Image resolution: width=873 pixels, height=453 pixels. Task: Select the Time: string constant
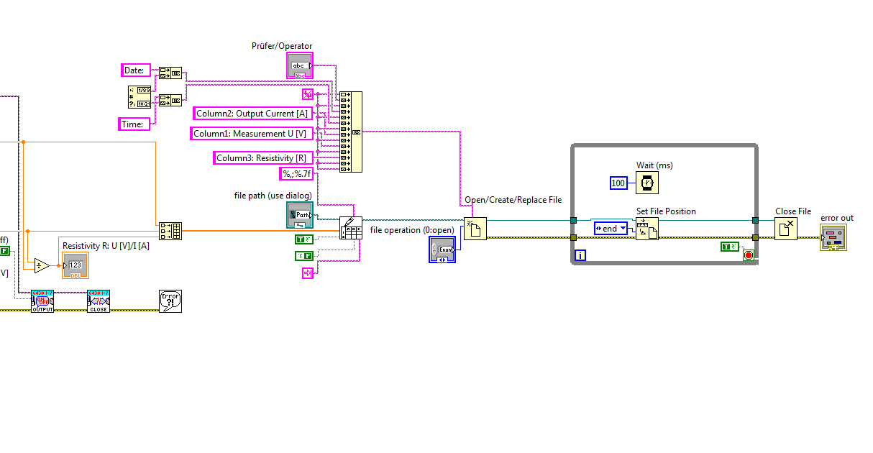point(134,124)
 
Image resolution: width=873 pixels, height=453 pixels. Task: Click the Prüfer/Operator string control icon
point(299,65)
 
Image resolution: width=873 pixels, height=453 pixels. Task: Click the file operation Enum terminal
point(442,249)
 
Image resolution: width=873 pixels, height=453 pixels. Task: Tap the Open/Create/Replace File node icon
point(475,229)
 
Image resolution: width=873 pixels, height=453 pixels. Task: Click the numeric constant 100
point(618,183)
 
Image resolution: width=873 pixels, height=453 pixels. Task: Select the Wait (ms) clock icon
point(648,183)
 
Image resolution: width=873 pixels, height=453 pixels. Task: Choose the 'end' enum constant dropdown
point(611,229)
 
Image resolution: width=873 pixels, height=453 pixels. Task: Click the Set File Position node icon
point(647,229)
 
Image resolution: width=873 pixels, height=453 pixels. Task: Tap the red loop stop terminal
point(748,255)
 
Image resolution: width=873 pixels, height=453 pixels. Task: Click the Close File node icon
point(786,229)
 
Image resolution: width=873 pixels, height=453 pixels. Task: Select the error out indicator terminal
point(833,237)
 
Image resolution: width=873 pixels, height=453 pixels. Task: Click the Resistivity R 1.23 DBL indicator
point(76,265)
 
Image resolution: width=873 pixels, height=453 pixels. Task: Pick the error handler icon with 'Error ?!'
point(170,301)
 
